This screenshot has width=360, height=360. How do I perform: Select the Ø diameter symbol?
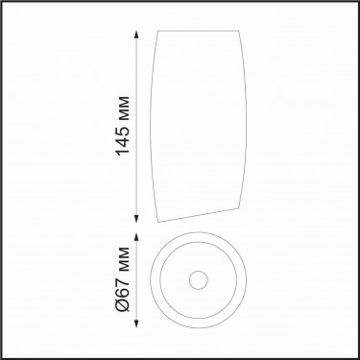click(123, 305)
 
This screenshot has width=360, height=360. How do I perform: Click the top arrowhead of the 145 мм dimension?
click(136, 35)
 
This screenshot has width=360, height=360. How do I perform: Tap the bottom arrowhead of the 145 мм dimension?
click(136, 218)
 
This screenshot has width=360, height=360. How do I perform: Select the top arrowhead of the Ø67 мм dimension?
click(136, 237)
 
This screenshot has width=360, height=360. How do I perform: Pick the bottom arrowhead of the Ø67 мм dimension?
click(136, 324)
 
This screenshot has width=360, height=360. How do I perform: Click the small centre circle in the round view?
click(199, 280)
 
